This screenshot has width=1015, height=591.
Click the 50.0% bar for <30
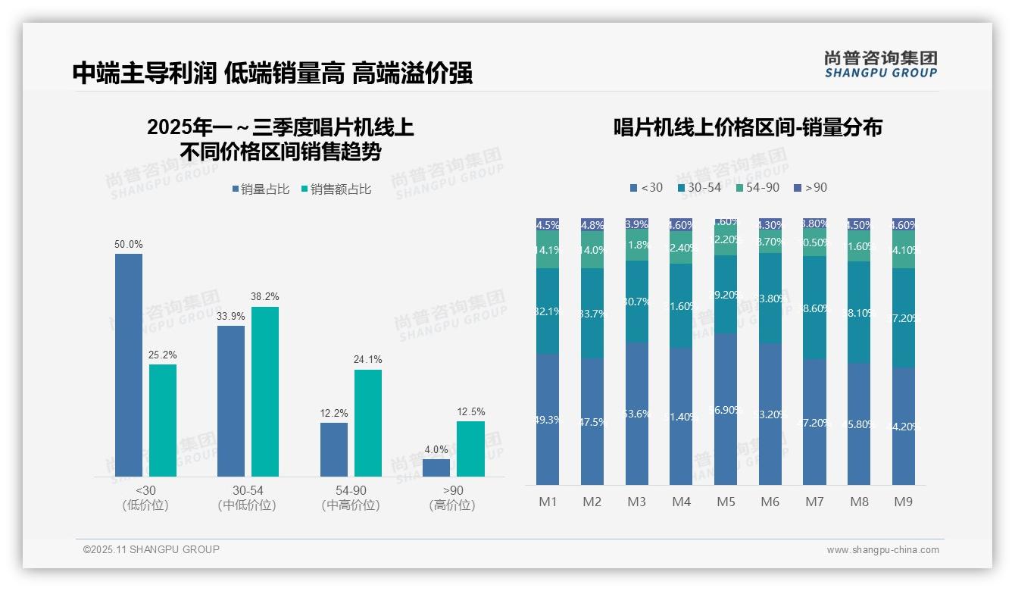click(x=129, y=365)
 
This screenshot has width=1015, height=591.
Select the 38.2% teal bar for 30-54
click(x=265, y=392)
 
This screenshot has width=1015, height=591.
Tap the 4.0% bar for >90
click(x=436, y=468)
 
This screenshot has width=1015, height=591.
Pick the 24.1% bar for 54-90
click(x=368, y=423)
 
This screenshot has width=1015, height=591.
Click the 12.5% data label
click(x=470, y=412)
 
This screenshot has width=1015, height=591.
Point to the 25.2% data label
click(x=163, y=355)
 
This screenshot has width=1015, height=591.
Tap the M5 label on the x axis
click(x=726, y=502)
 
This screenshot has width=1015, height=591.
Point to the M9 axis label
click(x=904, y=502)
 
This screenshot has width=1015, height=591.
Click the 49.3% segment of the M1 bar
click(x=548, y=419)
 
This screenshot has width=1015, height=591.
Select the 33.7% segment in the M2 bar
click(x=592, y=314)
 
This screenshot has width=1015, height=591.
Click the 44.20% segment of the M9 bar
click(x=904, y=426)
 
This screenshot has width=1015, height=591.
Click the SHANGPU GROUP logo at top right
click(x=880, y=64)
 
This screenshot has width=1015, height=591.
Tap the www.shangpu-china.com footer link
click(x=882, y=550)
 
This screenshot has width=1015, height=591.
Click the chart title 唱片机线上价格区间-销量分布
click(x=748, y=128)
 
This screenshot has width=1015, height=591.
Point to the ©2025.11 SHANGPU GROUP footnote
click(x=151, y=549)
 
